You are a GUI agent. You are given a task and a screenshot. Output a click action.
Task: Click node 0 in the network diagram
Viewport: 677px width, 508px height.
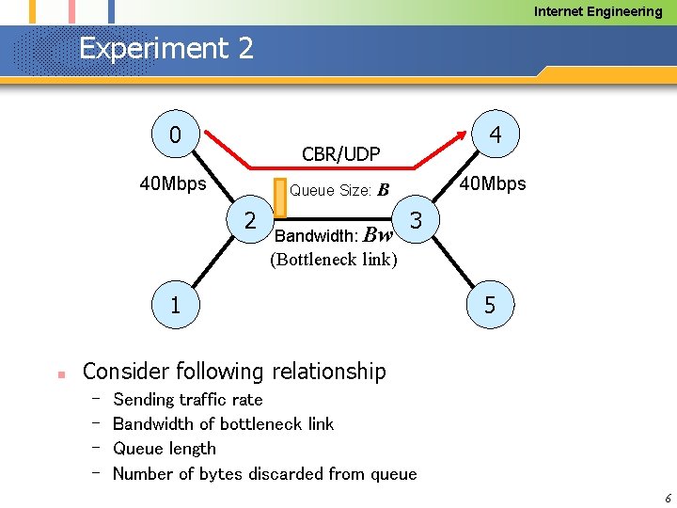pos(175,135)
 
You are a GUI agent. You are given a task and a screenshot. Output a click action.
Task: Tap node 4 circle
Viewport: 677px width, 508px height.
pos(496,135)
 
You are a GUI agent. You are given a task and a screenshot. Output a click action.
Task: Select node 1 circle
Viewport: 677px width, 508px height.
pos(175,305)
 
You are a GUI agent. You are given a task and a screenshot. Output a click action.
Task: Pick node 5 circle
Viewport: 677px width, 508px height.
pos(490,305)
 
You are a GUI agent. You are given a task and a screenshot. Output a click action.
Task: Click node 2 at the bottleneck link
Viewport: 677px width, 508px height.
pos(250,220)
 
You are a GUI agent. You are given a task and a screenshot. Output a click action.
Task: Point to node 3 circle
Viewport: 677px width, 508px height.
pos(417,221)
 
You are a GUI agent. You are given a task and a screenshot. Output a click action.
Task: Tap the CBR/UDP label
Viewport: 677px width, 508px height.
pos(340,153)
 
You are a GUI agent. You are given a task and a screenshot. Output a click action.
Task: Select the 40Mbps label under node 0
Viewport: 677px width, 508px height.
pos(172,183)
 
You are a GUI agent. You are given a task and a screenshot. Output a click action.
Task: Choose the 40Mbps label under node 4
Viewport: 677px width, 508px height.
pos(493,183)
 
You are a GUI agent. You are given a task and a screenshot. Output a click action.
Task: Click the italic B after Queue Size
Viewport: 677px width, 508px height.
pos(383,191)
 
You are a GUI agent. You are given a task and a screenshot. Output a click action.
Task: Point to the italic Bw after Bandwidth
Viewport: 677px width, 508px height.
pos(377,235)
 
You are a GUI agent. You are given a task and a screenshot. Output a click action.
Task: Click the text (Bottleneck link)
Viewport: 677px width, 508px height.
pos(334,260)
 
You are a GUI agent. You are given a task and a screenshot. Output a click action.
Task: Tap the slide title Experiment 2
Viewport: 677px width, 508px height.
pos(166,48)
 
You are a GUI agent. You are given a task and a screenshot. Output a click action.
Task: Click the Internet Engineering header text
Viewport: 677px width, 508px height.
pos(598,11)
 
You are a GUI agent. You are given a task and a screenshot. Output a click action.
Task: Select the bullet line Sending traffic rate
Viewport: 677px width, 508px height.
pos(187,400)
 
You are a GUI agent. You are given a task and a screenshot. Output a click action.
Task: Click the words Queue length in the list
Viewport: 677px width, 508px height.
pos(165,449)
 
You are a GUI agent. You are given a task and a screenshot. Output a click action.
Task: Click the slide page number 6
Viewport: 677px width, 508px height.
pos(667,498)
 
